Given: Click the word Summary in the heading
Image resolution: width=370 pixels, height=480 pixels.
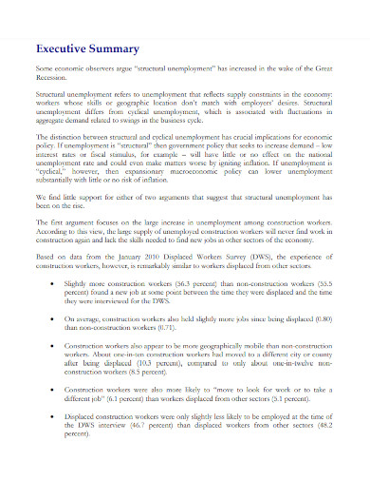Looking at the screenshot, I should tap(118, 48).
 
